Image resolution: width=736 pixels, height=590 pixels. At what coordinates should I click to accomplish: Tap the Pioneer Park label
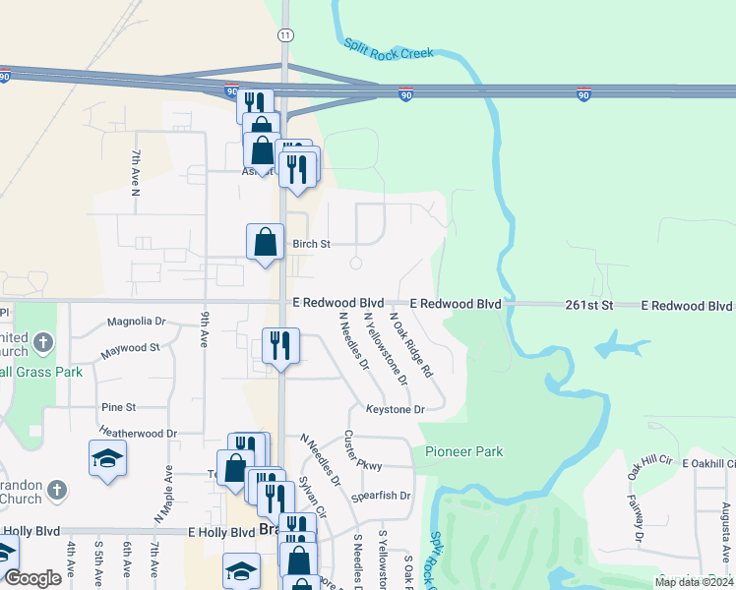coord(464,452)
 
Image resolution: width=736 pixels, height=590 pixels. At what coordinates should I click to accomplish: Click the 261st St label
coord(589,306)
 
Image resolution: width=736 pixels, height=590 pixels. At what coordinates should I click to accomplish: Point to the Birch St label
coord(310,244)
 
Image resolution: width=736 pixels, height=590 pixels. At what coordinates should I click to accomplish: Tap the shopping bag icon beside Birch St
coord(266,243)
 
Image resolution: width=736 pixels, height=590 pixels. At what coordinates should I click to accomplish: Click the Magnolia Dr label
coord(137,322)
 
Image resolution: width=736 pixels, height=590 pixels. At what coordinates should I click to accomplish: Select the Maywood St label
coord(130,348)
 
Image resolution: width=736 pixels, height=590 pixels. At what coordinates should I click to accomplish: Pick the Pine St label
coord(118,407)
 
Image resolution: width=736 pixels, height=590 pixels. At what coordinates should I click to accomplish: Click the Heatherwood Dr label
coord(138,433)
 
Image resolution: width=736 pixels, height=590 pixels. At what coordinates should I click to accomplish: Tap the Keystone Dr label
coord(395,409)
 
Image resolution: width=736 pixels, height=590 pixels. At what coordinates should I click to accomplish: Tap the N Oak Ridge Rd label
coord(411,345)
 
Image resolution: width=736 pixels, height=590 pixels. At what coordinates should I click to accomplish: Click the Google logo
coord(33,578)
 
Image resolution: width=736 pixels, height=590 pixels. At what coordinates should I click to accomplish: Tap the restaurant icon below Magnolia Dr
coord(280,345)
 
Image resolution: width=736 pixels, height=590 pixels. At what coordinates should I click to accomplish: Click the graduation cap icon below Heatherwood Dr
coord(107,458)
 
